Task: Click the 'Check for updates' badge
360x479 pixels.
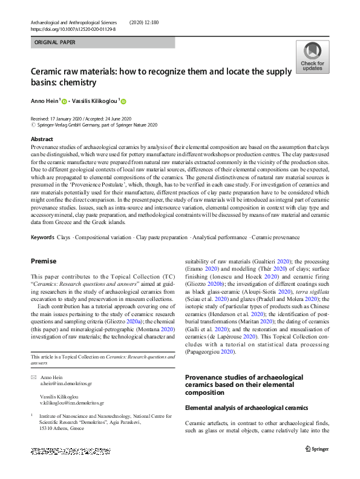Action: click(312, 58)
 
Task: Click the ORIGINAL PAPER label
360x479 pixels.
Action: click(55, 43)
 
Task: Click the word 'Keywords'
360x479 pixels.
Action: click(42, 237)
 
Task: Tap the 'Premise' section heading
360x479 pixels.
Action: click(44, 261)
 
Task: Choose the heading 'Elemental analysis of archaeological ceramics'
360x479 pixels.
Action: click(246, 408)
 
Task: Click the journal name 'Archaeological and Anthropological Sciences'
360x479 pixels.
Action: click(73, 22)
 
